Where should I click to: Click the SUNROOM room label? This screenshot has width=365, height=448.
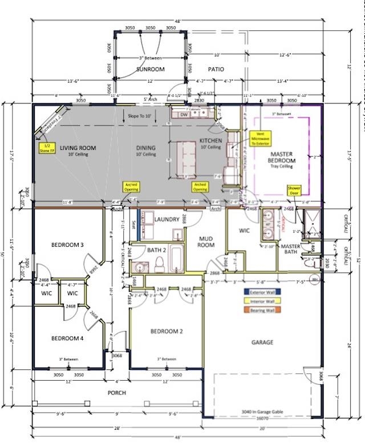click(x=150, y=69)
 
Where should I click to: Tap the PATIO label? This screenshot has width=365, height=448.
click(x=216, y=69)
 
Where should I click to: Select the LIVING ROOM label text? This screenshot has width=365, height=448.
click(x=78, y=148)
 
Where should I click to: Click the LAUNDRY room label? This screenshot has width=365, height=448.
click(x=167, y=219)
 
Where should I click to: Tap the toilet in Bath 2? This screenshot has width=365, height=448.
click(x=160, y=263)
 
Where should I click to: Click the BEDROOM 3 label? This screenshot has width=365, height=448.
click(x=67, y=245)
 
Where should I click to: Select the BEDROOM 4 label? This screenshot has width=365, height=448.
click(x=67, y=339)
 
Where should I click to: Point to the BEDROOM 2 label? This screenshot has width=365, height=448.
click(x=166, y=331)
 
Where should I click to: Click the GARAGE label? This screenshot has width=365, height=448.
click(x=262, y=343)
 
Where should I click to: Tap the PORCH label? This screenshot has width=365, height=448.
click(x=117, y=393)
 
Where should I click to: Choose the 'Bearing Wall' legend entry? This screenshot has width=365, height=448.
click(x=262, y=310)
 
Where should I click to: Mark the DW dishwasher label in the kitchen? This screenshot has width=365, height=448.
click(x=184, y=115)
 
